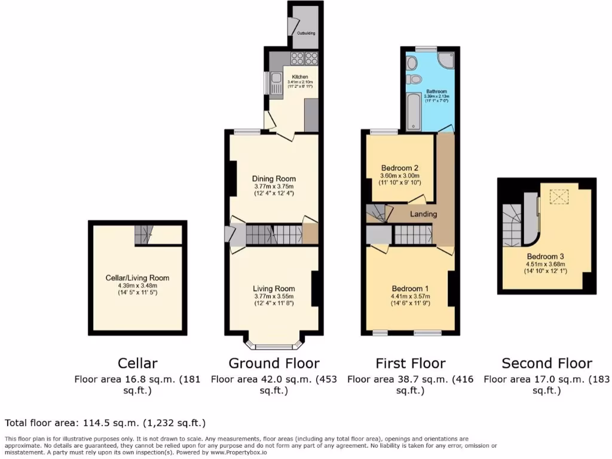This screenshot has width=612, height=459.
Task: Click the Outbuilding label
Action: (x=306, y=33)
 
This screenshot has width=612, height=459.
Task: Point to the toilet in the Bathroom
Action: (x=415, y=79)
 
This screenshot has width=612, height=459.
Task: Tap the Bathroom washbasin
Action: (x=411, y=62)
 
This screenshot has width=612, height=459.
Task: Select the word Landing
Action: (x=423, y=214)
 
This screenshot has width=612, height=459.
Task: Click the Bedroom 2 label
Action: (x=399, y=167)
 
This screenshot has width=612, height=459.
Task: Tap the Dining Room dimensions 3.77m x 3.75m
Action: (x=273, y=186)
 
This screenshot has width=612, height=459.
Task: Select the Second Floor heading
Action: (x=546, y=363)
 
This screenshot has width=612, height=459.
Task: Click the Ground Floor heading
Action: (x=274, y=363)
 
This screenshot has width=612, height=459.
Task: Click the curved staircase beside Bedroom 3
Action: (x=513, y=224)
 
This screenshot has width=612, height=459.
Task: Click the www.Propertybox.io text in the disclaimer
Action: (x=238, y=452)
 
